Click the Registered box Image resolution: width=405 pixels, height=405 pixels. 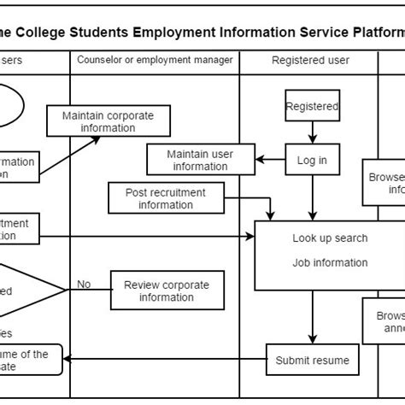click(312, 107)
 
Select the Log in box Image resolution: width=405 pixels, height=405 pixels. click(312, 160)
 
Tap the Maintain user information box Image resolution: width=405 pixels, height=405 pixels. click(201, 160)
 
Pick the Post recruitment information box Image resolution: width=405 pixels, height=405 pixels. click(165, 198)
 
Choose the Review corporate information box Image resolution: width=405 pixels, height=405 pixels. click(166, 291)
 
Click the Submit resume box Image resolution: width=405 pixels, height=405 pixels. click(312, 361)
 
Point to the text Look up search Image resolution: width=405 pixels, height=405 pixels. click(330, 238)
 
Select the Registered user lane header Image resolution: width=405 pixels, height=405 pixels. click(308, 60)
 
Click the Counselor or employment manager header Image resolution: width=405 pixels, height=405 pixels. click(155, 60)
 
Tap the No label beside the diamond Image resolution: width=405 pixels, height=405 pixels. click(84, 285)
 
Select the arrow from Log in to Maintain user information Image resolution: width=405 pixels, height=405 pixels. click(273, 160)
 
